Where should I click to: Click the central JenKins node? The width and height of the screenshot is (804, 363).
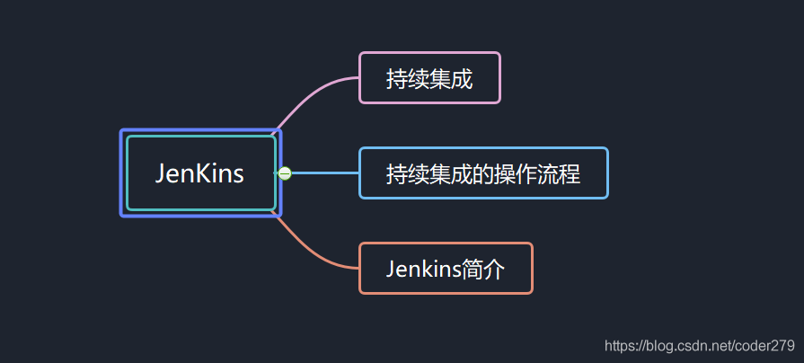pos(200,173)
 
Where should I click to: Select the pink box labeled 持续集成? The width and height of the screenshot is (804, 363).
pos(429,78)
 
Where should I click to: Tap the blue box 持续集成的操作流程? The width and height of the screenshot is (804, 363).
pos(483,173)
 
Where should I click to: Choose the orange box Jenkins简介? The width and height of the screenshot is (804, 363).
pos(446,269)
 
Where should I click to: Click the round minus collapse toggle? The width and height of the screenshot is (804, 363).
pos(285,173)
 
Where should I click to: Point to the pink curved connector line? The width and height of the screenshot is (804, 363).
pos(310,97)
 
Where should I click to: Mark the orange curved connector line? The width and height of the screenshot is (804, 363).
pos(310,249)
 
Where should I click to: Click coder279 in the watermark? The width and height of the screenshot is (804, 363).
pos(765,346)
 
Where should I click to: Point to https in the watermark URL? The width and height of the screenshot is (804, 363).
pos(621,346)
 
